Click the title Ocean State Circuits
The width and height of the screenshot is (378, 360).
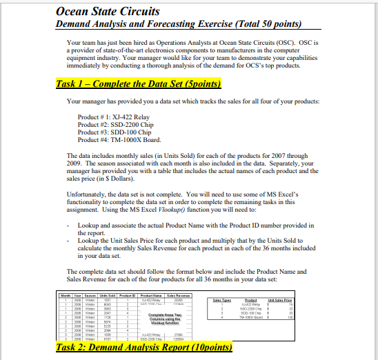click(98, 12)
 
